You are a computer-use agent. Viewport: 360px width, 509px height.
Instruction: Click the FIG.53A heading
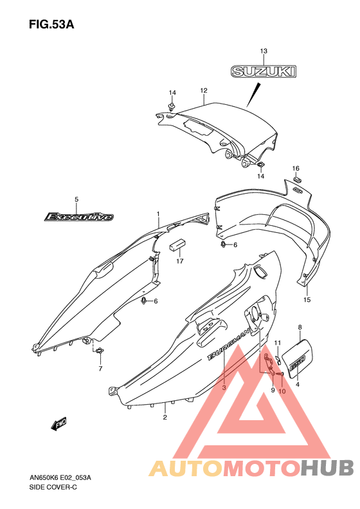(x=51, y=24)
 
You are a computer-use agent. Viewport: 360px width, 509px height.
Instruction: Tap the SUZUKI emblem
(x=264, y=71)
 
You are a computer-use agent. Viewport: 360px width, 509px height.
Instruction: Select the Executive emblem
(x=79, y=216)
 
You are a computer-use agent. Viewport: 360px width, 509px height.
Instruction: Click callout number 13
(x=264, y=51)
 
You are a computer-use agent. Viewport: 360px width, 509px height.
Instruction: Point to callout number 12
(x=204, y=91)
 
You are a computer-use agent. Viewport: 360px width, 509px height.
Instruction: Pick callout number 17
(x=180, y=261)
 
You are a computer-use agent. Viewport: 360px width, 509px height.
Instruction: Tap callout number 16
(x=296, y=169)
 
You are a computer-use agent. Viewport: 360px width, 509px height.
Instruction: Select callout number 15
(x=307, y=299)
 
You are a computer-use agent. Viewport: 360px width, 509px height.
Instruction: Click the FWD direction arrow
(x=59, y=423)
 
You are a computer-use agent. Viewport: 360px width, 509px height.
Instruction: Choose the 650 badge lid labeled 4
(x=298, y=358)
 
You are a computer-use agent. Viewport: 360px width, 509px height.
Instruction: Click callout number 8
(x=300, y=328)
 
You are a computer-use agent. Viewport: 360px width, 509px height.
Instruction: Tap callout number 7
(x=100, y=369)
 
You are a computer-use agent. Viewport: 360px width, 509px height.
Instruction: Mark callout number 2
(x=165, y=417)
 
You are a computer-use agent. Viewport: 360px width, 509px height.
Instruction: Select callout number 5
(x=76, y=199)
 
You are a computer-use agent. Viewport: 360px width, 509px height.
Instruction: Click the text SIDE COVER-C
(x=53, y=487)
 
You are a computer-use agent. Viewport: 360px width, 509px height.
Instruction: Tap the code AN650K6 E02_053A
(x=60, y=478)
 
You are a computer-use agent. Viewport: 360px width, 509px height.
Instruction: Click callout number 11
(x=278, y=343)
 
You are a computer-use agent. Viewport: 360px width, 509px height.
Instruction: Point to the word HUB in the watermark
(x=327, y=468)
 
